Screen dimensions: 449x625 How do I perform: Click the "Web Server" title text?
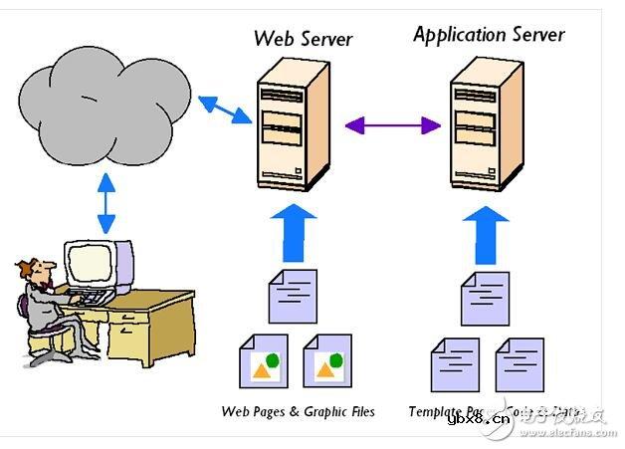(303, 39)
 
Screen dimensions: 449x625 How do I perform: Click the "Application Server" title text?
(489, 35)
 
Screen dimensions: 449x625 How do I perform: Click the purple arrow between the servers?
(393, 125)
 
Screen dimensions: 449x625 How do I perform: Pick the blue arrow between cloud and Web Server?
(224, 109)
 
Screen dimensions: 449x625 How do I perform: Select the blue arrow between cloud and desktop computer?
(105, 203)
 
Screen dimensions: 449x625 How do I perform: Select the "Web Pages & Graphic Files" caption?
(299, 411)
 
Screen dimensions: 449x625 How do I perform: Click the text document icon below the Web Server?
(293, 295)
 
